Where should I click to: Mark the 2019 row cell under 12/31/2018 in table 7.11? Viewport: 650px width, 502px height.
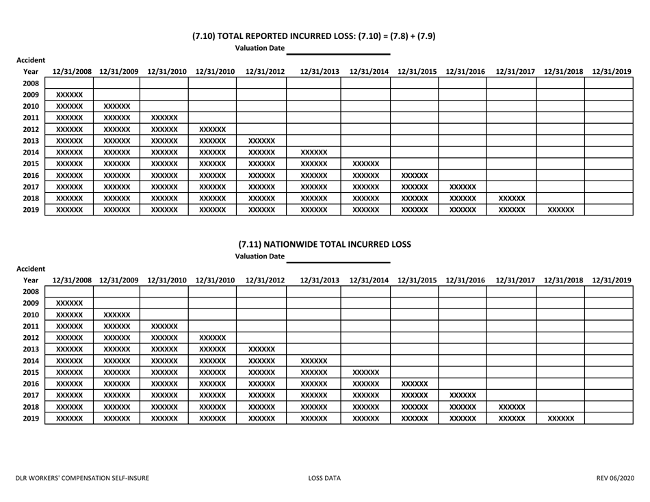[x=560, y=416]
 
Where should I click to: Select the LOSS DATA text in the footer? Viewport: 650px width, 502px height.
[x=325, y=479]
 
